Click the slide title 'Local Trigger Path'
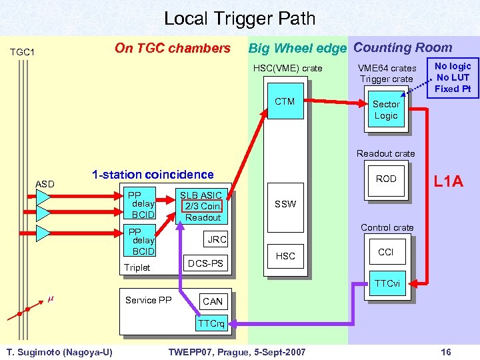240,19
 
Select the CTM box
285,102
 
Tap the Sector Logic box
385,110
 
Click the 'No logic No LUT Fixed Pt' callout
453,77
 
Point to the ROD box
385,179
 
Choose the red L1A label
448,181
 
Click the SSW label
285,204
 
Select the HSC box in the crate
285,256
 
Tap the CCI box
385,253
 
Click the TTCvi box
387,283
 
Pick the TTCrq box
211,324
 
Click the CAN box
213,301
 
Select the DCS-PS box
206,264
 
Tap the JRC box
217,239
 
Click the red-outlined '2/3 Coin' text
203,207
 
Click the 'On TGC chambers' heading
172,48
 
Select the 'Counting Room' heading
403,48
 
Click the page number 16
445,351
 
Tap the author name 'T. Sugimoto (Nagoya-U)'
59,351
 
